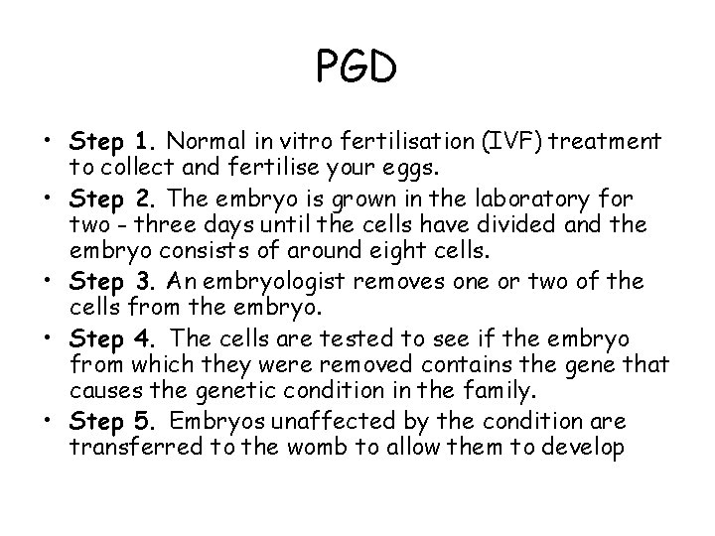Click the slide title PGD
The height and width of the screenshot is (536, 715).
tap(357, 69)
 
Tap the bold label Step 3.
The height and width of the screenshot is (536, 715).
tap(109, 283)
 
